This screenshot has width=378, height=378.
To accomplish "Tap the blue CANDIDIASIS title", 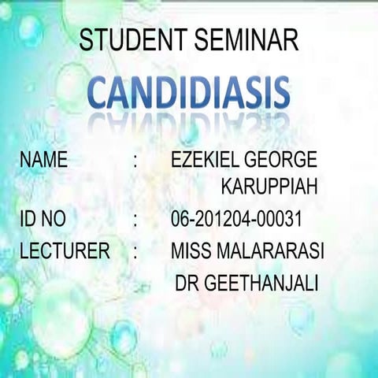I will pyautogui.click(x=188, y=93).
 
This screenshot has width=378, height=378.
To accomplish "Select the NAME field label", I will pyautogui.click(x=44, y=161).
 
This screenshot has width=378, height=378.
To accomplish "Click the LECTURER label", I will pyautogui.click(x=65, y=252).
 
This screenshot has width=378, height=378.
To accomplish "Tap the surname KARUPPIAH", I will pyautogui.click(x=269, y=189).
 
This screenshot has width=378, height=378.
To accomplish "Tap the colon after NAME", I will pyautogui.click(x=136, y=162).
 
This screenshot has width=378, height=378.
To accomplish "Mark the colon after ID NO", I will pyautogui.click(x=136, y=219).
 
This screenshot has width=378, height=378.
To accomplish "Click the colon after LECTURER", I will pyautogui.click(x=136, y=254).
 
